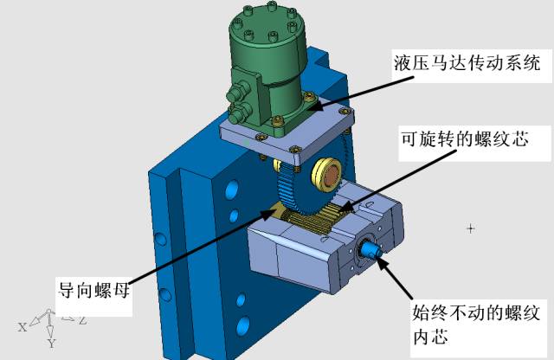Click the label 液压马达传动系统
pos(467,63)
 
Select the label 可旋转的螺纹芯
pos(465,138)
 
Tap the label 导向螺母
pos(94,291)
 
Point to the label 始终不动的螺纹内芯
pos(475,324)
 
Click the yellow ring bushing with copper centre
pos(325,175)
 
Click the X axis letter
pos(23,327)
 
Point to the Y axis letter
pos(52,343)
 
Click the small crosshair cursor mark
pos(470,229)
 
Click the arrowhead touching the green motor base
pos(315,105)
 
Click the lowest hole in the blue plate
pos(243,326)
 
